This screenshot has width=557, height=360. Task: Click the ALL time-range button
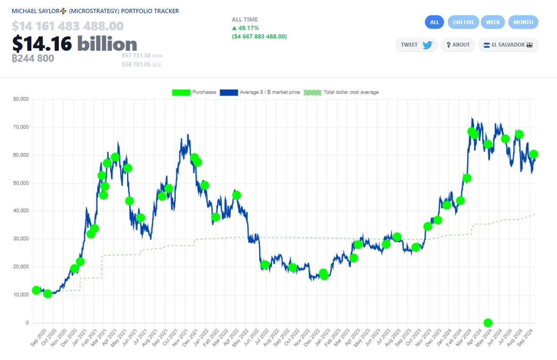[434, 22]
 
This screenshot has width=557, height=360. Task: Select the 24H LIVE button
[463, 22]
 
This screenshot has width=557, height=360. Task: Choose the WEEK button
[493, 22]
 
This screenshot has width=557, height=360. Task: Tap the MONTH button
[523, 22]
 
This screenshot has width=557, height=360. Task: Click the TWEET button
[416, 45]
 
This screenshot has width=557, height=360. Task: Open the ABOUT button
[458, 45]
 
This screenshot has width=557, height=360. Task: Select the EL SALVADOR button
[508, 45]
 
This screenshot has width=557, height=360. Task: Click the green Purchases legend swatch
[181, 92]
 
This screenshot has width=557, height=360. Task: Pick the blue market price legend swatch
[229, 92]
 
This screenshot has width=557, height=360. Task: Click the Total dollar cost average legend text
[351, 92]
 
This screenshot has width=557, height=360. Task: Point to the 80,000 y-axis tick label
[21, 99]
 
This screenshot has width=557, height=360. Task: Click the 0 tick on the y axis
[28, 323]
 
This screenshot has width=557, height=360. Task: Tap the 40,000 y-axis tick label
[21, 211]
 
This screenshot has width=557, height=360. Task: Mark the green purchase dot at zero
[488, 323]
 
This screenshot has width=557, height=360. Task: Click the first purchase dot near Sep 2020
[36, 290]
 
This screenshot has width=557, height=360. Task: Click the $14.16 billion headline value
[74, 44]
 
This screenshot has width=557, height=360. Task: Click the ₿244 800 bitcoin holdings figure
[33, 58]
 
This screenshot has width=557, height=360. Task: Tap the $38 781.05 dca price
[141, 65]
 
